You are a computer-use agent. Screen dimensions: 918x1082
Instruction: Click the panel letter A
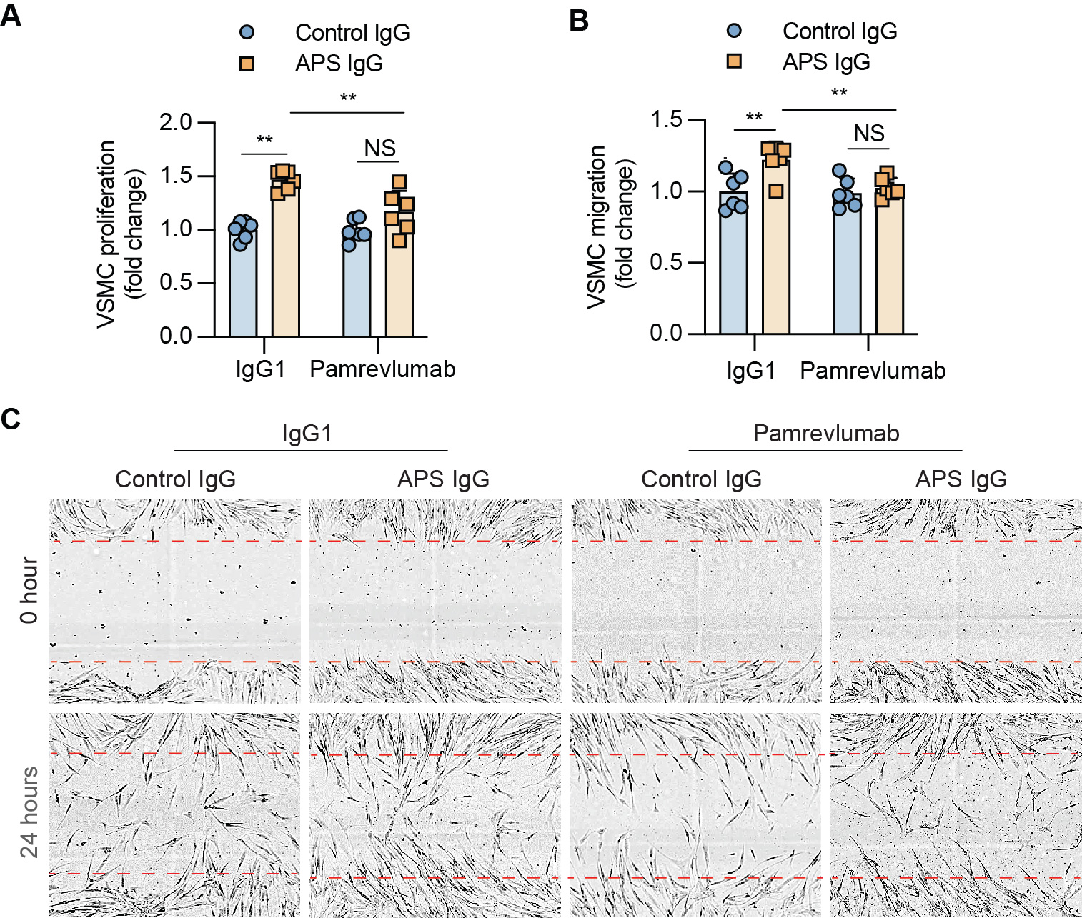(x=11, y=15)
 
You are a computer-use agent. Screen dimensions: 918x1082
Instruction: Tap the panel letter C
(x=11, y=419)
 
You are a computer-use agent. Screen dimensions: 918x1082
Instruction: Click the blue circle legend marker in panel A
(x=247, y=32)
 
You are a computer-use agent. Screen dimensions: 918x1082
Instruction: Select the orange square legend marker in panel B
(x=734, y=61)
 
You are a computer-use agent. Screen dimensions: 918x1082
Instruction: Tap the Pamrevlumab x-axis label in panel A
(x=382, y=369)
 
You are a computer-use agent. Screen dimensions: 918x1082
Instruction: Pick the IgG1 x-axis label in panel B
(x=751, y=371)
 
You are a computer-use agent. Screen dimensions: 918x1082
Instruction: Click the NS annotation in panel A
(x=379, y=149)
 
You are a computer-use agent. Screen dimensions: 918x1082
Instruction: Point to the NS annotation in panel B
(x=869, y=134)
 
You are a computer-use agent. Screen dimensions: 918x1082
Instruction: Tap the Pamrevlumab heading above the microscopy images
(x=826, y=434)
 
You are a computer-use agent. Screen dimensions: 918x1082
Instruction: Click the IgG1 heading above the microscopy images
(x=307, y=434)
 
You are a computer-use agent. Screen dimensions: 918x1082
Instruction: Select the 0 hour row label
(x=29, y=590)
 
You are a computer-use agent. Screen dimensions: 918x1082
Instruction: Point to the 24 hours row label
(x=29, y=812)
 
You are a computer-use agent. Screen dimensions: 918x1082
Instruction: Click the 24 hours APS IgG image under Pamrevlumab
(x=956, y=815)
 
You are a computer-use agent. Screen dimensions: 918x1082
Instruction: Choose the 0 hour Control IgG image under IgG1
(x=175, y=601)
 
